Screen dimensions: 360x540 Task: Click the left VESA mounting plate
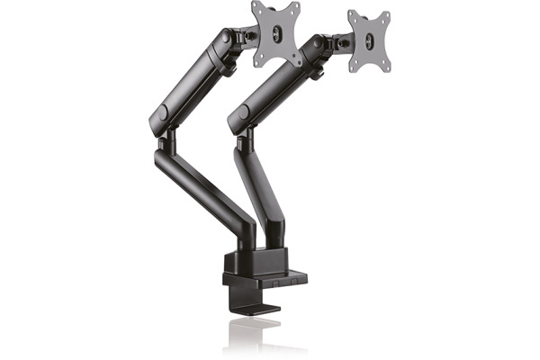pos(275,34)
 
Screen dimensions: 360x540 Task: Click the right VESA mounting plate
pos(369,40)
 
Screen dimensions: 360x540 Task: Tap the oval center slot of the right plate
pos(369,40)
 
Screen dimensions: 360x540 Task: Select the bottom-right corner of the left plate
pos(297,63)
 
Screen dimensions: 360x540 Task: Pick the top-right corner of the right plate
pos(387,13)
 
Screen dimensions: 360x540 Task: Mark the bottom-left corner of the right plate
pos(351,69)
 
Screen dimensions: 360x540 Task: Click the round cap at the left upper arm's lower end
pos(161,116)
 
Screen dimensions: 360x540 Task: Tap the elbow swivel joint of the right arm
pos(243,144)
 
